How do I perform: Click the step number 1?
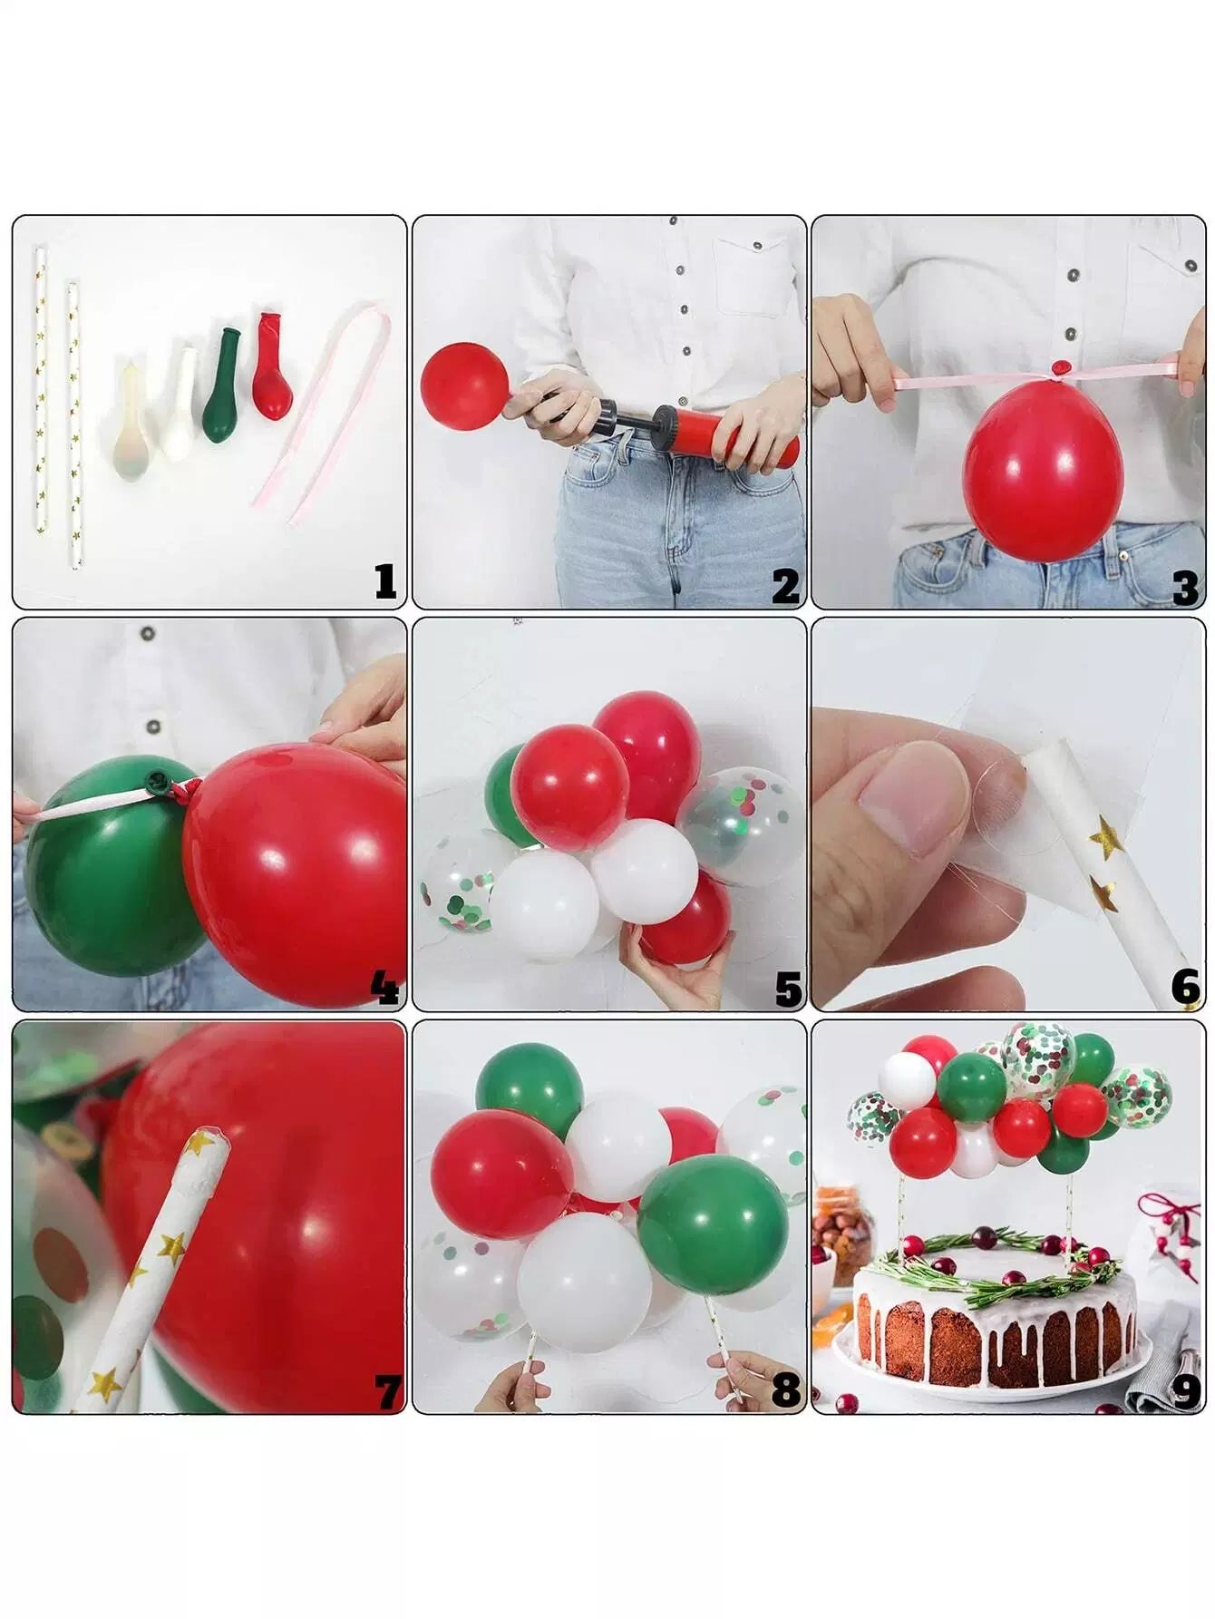(386, 581)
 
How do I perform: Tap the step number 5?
(788, 989)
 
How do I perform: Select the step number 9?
(1186, 1391)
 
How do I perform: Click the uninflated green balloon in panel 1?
(222, 385)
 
